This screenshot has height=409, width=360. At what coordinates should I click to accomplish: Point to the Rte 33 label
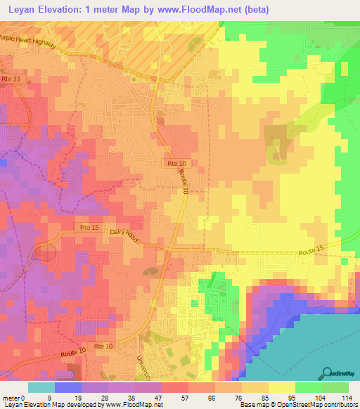click(x=11, y=79)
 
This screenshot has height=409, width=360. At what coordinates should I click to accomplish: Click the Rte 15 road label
click(x=89, y=227)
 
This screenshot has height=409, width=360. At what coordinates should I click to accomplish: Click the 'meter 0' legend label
click(x=14, y=398)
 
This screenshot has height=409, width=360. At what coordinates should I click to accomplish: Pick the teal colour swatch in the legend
click(x=41, y=387)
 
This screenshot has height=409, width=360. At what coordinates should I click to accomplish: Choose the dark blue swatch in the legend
click(x=68, y=387)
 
